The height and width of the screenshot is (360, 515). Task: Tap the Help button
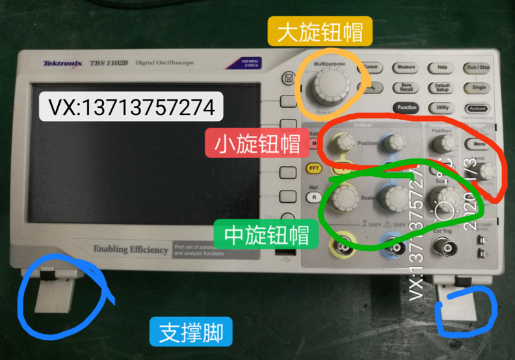pos(442,67)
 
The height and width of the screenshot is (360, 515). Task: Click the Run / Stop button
pos(479,67)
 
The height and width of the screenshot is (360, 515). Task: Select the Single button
pos(479,87)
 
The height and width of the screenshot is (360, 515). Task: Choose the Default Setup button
pos(442,87)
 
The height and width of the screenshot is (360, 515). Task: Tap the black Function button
pos(406,107)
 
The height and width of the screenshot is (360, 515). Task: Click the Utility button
pos(442,107)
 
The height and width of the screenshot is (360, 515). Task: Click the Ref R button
pos(314,196)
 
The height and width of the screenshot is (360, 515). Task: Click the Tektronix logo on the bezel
pos(62,63)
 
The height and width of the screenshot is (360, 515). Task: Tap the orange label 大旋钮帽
pos(320,32)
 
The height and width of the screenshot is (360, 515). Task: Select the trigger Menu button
pos(480,143)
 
